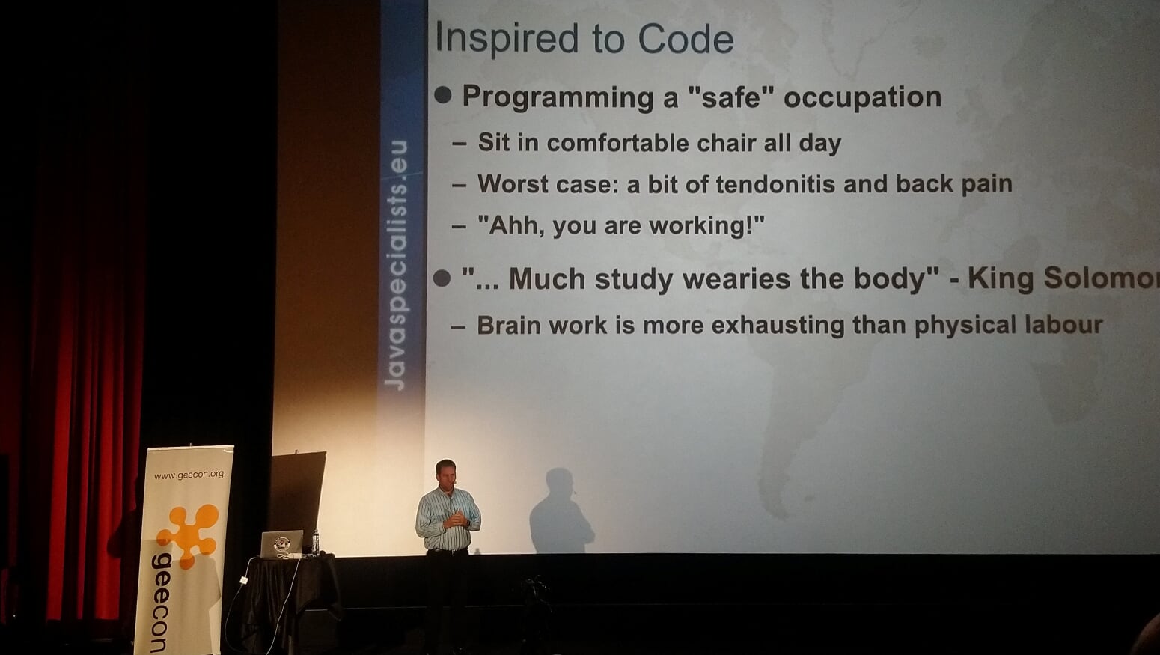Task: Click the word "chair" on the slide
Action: coord(726,143)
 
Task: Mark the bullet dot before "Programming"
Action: coord(443,95)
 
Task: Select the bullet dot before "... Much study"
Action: coord(442,278)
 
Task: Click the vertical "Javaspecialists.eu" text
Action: coord(396,265)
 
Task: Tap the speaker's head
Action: coord(445,473)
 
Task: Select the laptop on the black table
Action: coord(281,543)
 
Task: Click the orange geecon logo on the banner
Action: coord(189,534)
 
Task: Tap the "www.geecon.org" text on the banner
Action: coord(189,475)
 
